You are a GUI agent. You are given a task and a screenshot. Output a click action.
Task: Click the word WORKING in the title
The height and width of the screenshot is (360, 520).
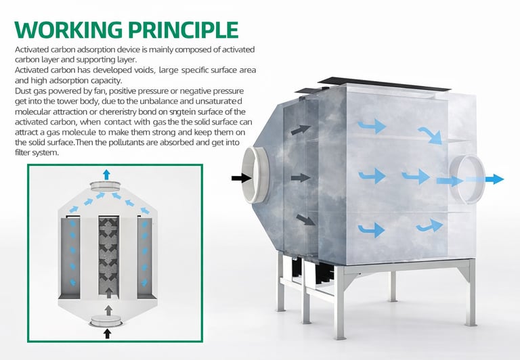[x=68, y=30]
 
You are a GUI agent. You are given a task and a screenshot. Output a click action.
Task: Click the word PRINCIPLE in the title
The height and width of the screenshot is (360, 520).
[x=183, y=30]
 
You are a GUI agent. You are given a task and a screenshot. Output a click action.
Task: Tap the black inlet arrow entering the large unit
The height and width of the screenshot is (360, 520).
[x=242, y=178]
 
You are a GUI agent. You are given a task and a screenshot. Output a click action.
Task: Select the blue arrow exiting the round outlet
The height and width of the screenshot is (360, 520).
[x=494, y=179]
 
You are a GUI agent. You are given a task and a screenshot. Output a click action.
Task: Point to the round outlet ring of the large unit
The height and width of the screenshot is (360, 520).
[x=467, y=179]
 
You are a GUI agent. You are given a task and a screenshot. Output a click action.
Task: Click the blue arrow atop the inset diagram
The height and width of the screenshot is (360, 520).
[x=106, y=175]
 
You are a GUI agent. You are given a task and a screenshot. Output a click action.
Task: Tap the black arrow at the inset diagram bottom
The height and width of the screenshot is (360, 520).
[x=107, y=334]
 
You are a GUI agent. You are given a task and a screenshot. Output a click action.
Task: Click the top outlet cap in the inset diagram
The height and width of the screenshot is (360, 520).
[x=105, y=186]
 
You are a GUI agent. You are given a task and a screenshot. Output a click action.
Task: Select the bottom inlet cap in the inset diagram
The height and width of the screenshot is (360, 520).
[x=106, y=321]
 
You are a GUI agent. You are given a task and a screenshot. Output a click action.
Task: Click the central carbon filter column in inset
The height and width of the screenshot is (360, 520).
[x=109, y=255]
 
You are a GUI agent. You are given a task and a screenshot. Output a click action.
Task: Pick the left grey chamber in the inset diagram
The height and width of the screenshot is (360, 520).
[x=70, y=257]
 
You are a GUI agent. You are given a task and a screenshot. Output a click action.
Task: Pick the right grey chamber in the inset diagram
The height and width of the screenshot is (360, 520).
[x=145, y=257]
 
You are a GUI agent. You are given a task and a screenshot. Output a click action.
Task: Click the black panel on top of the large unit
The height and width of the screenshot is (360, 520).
[x=384, y=83]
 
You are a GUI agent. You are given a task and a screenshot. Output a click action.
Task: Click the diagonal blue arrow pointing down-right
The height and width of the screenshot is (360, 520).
[x=430, y=135]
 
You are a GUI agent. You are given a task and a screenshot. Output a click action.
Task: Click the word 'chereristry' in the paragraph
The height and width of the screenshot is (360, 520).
[x=118, y=112]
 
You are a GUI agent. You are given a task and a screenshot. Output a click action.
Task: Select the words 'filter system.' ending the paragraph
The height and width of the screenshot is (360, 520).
[x=37, y=153]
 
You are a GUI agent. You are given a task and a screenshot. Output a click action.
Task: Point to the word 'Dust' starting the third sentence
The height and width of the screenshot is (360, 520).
[x=23, y=91]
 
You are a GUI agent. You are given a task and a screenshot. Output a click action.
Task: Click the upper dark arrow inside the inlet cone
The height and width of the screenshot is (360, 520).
[x=301, y=130]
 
